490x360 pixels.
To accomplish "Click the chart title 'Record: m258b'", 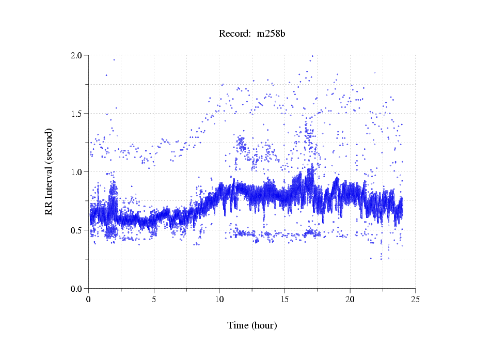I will pyautogui.click(x=252, y=34).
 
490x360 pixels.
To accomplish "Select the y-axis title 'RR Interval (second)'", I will pyautogui.click(x=49, y=171).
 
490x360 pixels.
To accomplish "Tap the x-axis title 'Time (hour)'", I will pyautogui.click(x=252, y=325).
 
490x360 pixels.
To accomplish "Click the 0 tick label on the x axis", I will pyautogui.click(x=89, y=299).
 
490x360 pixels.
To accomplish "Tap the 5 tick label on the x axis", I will pyautogui.click(x=154, y=299).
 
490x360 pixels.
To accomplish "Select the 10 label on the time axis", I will pyautogui.click(x=219, y=299).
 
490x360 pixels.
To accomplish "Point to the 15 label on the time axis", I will pyautogui.click(x=284, y=299).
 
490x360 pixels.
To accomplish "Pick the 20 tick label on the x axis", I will pyautogui.click(x=350, y=299).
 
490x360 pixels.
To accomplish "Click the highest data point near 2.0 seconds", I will pyautogui.click(x=312, y=56).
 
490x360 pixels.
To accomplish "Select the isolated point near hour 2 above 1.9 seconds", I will pyautogui.click(x=114, y=59).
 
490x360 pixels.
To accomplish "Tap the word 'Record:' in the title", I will pyautogui.click(x=234, y=34).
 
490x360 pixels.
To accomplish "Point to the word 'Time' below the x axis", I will pyautogui.click(x=238, y=325).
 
